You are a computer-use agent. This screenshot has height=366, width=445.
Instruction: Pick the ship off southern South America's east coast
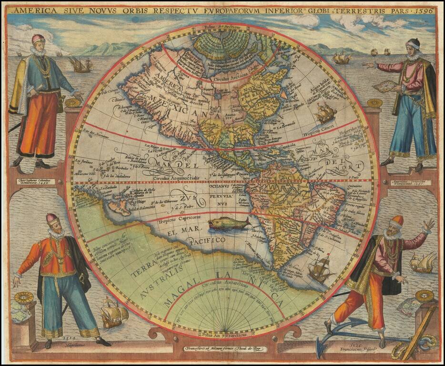point(320,268)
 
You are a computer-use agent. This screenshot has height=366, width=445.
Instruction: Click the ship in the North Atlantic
point(325,113)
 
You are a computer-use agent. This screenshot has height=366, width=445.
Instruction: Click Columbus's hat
point(39,38)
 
